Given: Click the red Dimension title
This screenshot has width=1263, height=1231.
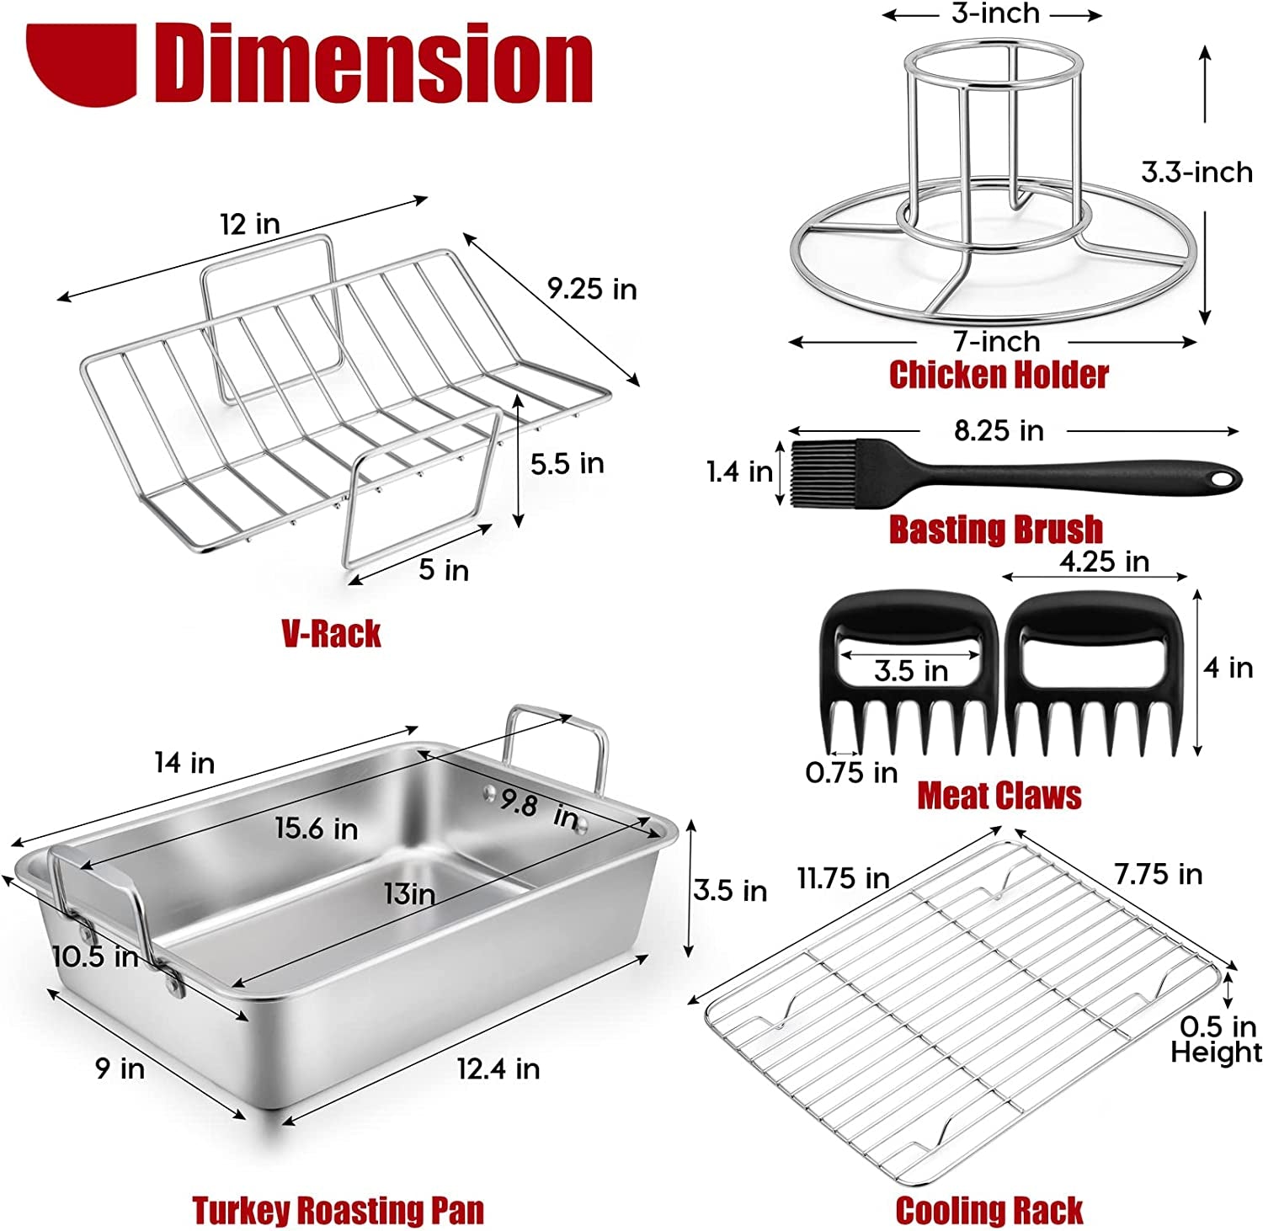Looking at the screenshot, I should (x=373, y=63).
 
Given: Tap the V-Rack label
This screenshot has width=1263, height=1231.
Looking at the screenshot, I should (x=331, y=633).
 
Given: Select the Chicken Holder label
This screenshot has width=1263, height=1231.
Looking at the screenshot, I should (x=999, y=375).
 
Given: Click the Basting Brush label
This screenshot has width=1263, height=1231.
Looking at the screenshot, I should (x=995, y=530).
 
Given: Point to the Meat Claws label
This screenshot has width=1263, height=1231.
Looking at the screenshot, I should (x=999, y=796).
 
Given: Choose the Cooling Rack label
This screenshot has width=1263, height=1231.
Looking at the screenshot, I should (x=989, y=1210).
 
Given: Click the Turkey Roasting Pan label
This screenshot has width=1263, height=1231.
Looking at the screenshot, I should (x=338, y=1210).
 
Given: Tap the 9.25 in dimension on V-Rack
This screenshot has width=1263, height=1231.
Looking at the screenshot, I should (x=592, y=289).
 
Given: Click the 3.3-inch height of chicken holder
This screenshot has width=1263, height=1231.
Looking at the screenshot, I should (x=1196, y=173).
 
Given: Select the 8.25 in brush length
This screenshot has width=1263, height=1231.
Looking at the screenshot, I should (x=999, y=431).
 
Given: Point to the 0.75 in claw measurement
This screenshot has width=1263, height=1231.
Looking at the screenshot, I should (x=851, y=772).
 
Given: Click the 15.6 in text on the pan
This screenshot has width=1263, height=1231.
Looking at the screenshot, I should (x=317, y=829).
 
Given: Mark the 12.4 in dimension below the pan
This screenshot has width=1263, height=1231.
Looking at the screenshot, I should (x=498, y=1068).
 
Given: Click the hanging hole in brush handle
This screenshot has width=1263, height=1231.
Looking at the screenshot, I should (x=1220, y=479).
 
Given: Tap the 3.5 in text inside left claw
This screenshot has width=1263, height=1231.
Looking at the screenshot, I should (x=911, y=671).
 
